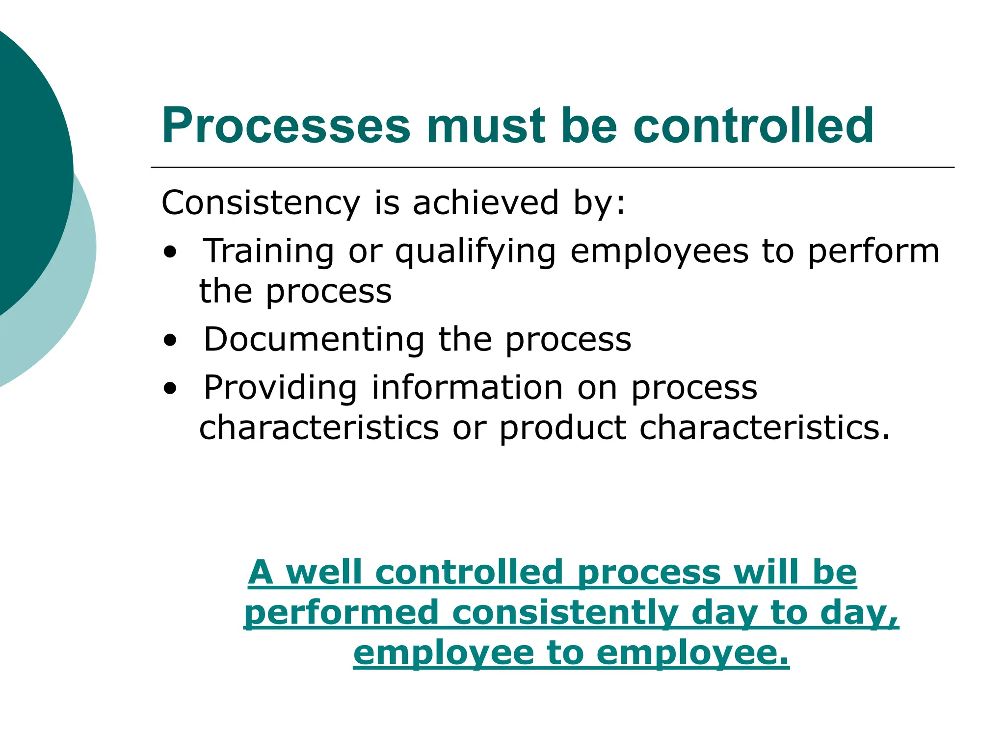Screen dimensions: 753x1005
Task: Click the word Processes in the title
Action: [x=286, y=126]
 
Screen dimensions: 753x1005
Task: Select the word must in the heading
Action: [x=486, y=126]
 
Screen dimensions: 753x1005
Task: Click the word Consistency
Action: [x=261, y=203]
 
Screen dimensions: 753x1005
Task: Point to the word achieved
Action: [x=485, y=202]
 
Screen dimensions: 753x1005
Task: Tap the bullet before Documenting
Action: [x=170, y=340]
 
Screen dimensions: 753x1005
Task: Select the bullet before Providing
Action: [x=170, y=389]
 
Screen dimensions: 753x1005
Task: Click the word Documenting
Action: [x=314, y=339]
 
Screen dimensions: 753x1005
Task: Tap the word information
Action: [x=467, y=388]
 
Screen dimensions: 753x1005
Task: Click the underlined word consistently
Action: [x=565, y=613]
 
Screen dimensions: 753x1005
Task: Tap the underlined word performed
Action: [x=341, y=613]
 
